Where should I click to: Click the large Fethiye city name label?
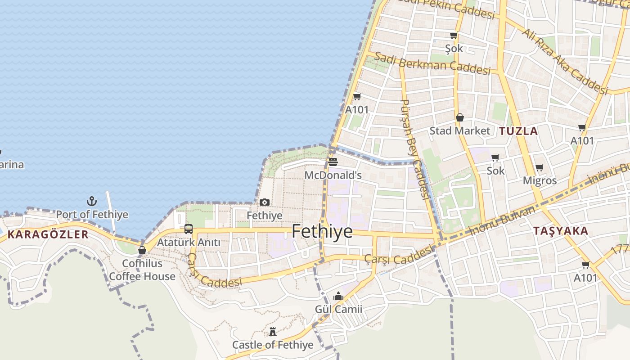tap(322, 231)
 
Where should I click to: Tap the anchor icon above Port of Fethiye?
tap(92, 201)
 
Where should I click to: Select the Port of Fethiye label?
tap(92, 215)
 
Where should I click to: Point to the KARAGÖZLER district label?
tap(48, 234)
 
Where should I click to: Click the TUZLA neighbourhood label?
tap(518, 131)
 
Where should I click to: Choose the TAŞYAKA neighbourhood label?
tap(560, 231)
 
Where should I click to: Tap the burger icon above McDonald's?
tap(333, 162)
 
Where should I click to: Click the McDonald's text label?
tap(333, 175)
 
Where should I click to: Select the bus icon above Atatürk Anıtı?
tap(189, 229)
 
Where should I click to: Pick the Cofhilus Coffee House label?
tap(142, 270)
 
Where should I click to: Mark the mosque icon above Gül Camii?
tap(338, 296)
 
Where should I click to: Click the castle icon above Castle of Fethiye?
tap(273, 332)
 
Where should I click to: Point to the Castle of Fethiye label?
tap(273, 345)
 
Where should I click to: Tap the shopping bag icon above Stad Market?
tap(459, 118)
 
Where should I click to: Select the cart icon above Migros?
tap(539, 168)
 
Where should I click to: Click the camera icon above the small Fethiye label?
tap(265, 202)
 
